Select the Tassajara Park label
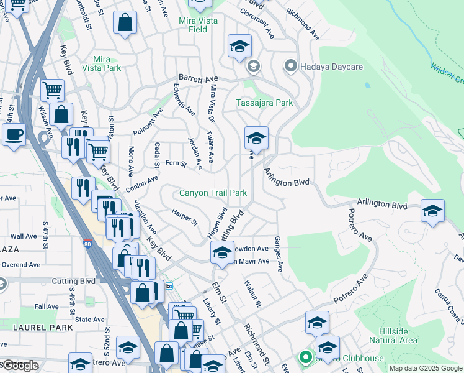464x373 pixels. coord(264,103)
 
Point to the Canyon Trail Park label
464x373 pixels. coord(213,193)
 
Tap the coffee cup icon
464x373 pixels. coord(14,134)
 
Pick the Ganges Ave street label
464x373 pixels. coord(280,254)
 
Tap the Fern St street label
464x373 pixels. coord(176,163)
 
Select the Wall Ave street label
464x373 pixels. coord(24,236)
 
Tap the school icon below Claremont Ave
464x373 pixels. coord(239,46)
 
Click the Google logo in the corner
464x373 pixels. coord(20,366)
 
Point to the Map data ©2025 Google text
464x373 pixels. coord(425,368)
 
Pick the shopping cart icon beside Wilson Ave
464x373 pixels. coord(52,90)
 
